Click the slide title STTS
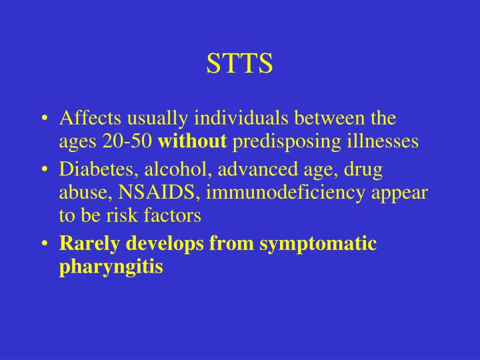coord(240,63)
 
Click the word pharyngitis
coord(111,267)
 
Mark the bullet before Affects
coord(44,120)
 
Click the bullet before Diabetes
coord(44,171)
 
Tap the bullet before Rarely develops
coord(44,245)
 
